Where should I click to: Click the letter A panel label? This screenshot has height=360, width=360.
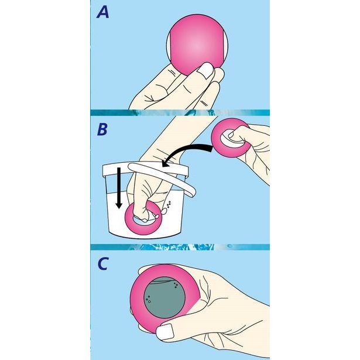click(x=102, y=12)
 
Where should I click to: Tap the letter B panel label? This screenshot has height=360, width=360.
click(x=102, y=129)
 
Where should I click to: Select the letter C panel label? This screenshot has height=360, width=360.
click(x=102, y=264)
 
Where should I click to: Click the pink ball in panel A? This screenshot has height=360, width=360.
click(x=197, y=45)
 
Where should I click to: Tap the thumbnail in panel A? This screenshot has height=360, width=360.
click(x=205, y=70)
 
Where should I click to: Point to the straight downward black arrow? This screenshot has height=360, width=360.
click(x=119, y=188)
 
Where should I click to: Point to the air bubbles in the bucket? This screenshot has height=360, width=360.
click(x=169, y=204)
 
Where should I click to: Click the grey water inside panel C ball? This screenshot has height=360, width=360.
click(x=164, y=297)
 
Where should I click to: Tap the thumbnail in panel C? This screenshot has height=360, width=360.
click(x=165, y=332)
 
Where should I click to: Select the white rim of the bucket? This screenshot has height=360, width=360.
click(x=145, y=170)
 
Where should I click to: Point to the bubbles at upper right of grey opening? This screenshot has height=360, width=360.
click(x=176, y=285)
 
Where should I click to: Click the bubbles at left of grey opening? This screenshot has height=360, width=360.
click(x=148, y=299)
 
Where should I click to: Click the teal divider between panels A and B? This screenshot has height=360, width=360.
click(x=180, y=113)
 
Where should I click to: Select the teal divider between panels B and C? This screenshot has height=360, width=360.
click(x=180, y=247)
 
